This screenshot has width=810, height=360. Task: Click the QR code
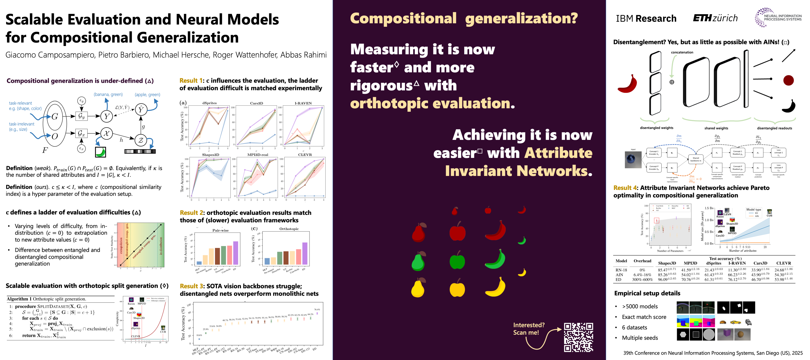click(578, 337)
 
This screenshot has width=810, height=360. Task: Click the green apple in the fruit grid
click(457, 260)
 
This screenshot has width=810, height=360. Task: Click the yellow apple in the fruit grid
click(457, 288)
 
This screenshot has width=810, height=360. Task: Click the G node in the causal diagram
click(55, 117)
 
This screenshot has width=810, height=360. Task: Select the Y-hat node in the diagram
click(141, 109)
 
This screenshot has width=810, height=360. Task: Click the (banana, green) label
click(108, 94)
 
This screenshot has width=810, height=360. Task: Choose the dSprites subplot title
click(209, 103)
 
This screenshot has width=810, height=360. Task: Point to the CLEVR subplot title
click(305, 155)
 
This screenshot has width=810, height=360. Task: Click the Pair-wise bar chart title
click(221, 230)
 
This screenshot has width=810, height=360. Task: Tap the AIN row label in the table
click(619, 275)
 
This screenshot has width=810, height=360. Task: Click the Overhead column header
click(642, 261)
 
